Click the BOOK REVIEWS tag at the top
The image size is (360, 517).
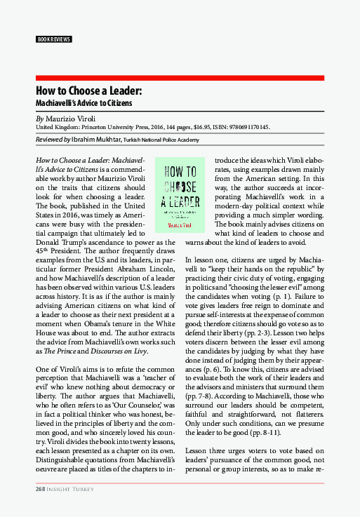53,39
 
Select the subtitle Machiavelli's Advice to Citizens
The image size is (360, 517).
84,102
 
